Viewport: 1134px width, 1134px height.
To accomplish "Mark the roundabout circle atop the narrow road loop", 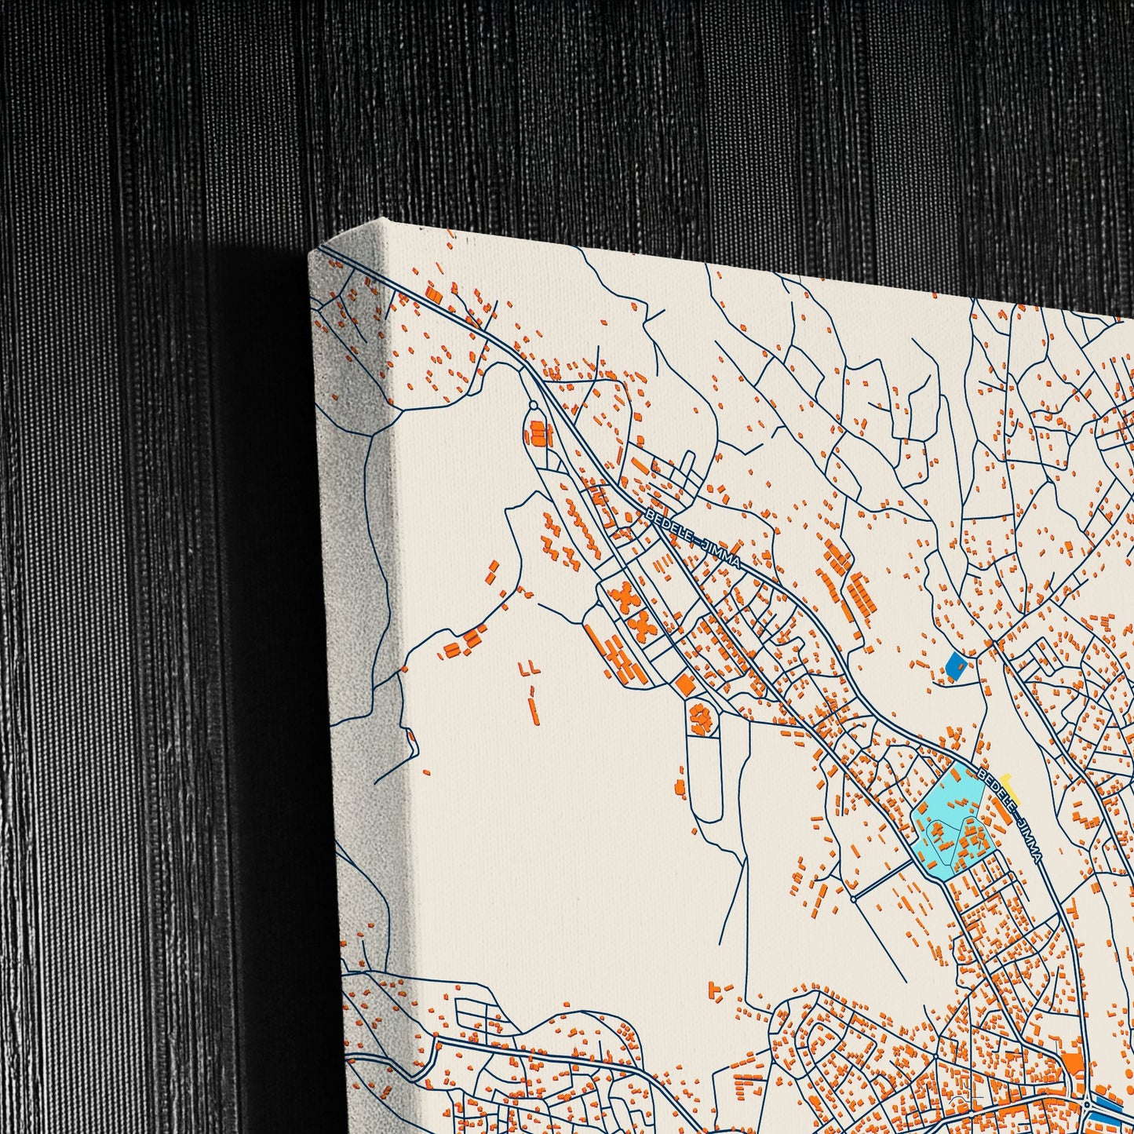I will click(x=534, y=405).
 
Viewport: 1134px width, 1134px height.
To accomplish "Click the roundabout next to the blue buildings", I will click(x=1086, y=1106).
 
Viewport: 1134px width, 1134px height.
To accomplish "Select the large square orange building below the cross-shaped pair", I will click(x=684, y=684).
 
